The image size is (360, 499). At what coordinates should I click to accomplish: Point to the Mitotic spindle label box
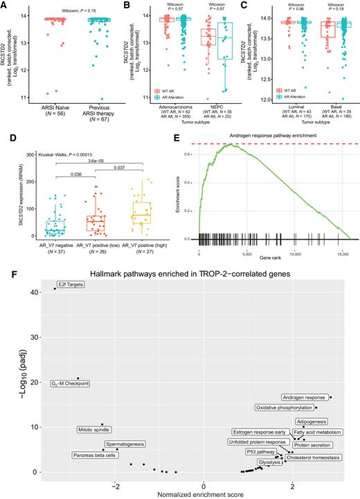pos(95,430)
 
